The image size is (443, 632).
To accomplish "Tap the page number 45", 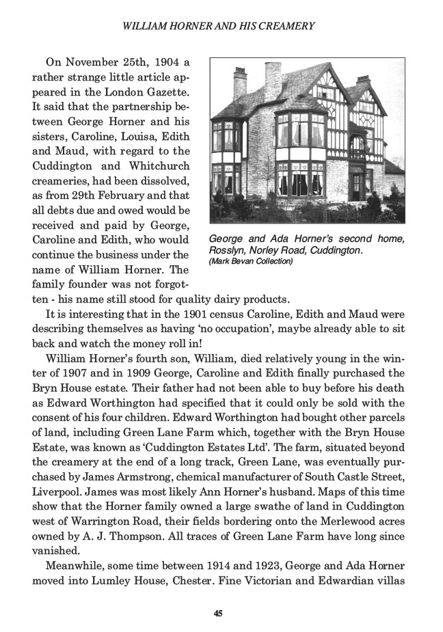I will [x=217, y=613].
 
